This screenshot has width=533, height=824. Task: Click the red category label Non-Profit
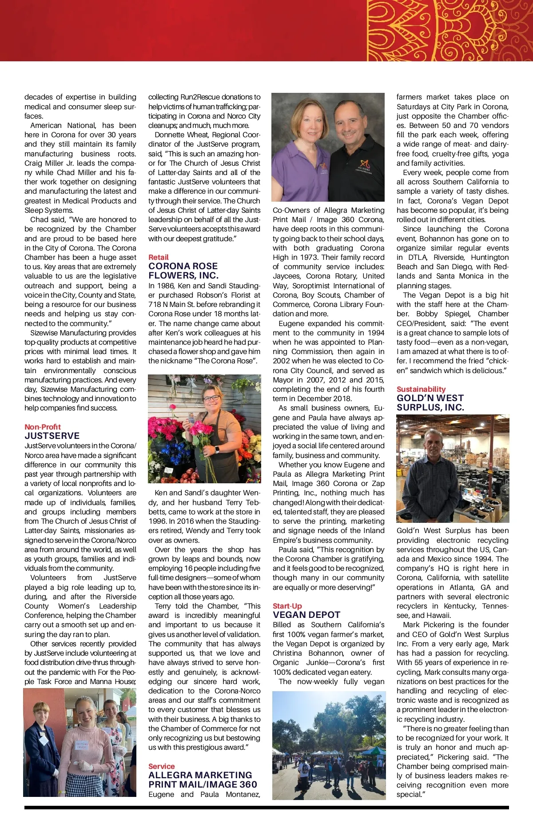click(x=43, y=427)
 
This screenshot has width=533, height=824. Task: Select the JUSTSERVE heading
click(x=52, y=436)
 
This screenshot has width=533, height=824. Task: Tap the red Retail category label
click(x=159, y=257)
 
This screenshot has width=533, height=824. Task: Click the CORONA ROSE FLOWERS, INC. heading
click(x=183, y=271)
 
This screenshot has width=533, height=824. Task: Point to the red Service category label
click(x=161, y=766)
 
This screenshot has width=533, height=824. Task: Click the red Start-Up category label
click(x=287, y=606)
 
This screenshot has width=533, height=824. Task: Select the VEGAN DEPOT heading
click(x=306, y=615)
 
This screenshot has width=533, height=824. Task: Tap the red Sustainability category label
click(x=421, y=389)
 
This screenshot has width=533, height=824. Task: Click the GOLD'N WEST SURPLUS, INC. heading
click(x=430, y=402)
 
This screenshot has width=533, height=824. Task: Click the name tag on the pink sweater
click(x=82, y=745)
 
